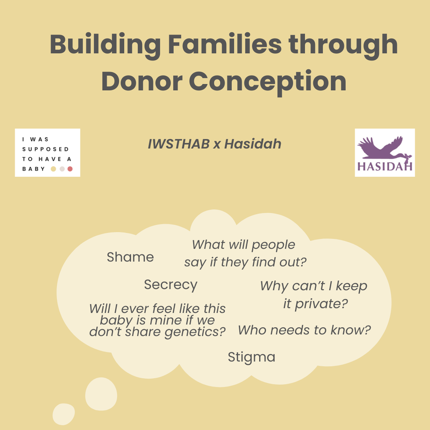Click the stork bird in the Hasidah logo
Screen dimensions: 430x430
click(x=383, y=148)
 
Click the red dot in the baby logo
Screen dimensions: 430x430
click(x=70, y=169)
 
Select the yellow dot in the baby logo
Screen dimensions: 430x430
click(x=53, y=169)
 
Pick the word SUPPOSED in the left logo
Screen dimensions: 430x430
click(x=46, y=149)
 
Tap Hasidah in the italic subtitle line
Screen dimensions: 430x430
click(x=253, y=144)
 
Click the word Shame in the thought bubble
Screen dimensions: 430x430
click(x=130, y=257)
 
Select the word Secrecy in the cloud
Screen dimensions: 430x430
click(x=171, y=285)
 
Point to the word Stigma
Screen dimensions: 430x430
click(x=252, y=357)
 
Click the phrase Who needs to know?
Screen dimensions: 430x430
click(x=304, y=330)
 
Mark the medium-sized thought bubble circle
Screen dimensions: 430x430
click(x=101, y=394)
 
